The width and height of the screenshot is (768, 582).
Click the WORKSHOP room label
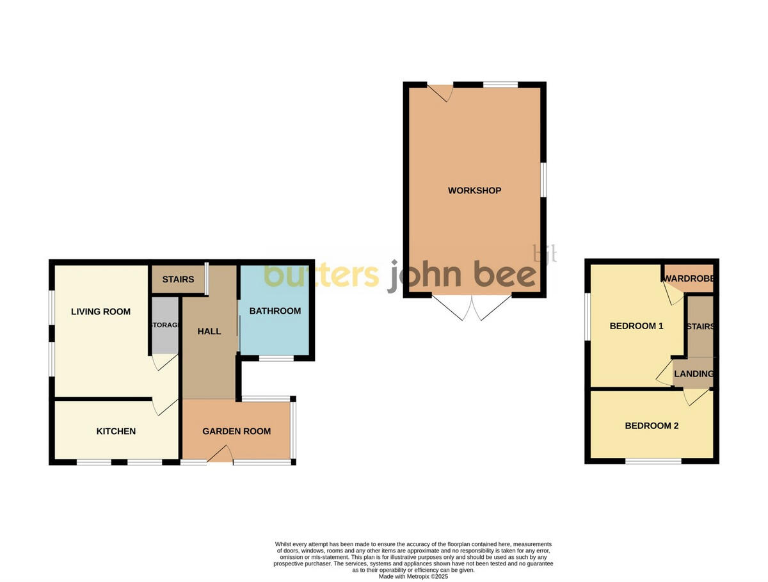point(474,191)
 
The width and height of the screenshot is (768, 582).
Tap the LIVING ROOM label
point(100,312)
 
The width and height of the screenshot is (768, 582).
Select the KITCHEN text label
point(116,432)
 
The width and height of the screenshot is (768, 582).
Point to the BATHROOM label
point(275,311)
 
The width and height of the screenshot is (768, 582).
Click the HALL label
point(209,331)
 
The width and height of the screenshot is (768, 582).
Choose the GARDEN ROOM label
point(236,432)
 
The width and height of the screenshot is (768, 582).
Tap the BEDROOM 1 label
point(636,326)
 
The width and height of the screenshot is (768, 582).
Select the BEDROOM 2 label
point(652,426)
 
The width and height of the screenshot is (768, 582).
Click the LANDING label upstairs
point(694,374)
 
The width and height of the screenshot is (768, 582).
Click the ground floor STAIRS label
point(178,280)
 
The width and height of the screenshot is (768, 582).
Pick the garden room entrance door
point(220,454)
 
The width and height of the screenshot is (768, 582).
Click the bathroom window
point(276,359)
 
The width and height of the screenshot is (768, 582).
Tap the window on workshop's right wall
point(543,179)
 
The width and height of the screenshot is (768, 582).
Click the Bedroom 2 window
point(653,461)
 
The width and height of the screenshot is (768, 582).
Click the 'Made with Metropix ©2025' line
point(413,576)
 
